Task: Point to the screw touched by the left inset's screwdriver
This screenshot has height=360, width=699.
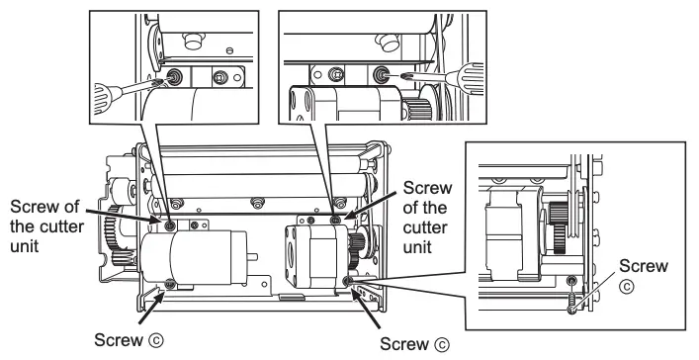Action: [173, 78]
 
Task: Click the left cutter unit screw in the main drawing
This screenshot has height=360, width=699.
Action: [171, 225]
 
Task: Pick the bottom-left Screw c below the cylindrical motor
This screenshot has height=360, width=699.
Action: [170, 285]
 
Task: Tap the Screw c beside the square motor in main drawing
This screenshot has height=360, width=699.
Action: [347, 282]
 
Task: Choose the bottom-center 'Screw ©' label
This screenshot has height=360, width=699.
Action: [413, 343]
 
